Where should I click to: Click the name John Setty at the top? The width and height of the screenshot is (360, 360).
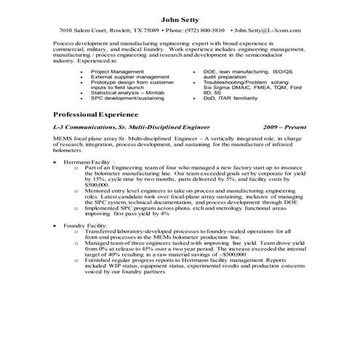[x=180, y=17]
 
